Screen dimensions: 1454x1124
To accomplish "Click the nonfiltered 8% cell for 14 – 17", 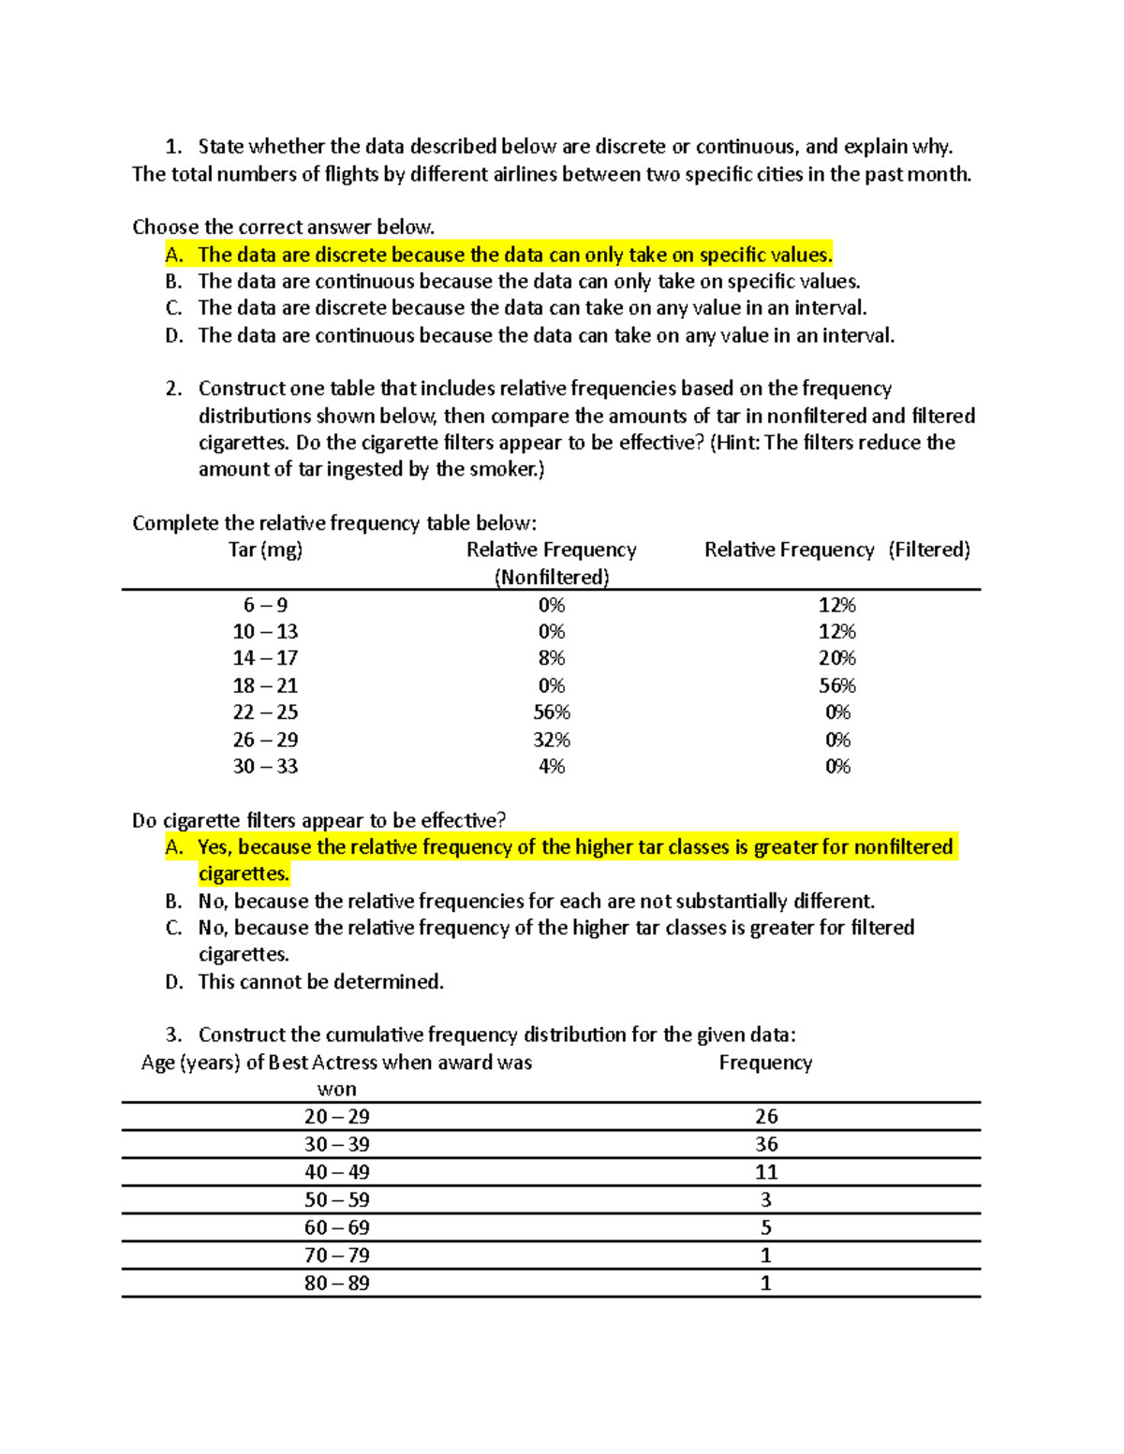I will tap(551, 658).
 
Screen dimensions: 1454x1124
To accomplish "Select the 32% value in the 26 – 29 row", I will tap(551, 740).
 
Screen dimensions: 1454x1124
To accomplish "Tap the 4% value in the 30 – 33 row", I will tap(551, 767).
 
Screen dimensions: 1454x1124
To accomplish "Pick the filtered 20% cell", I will tap(837, 658).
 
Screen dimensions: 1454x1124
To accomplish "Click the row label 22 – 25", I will tap(265, 712).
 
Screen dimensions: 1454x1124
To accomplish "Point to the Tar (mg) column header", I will tap(265, 550).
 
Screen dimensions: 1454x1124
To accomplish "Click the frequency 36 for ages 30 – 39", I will tap(766, 1144).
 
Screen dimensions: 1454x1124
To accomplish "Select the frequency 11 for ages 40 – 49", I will tap(766, 1172).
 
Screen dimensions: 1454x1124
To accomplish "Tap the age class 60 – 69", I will tap(336, 1227).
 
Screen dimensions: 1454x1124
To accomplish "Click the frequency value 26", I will tap(766, 1117).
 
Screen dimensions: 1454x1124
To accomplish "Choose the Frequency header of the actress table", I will tap(765, 1063).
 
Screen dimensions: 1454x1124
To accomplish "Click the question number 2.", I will tap(172, 389).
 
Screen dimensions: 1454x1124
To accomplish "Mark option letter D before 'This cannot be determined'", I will tap(173, 982).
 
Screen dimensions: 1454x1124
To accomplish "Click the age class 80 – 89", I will tap(336, 1284).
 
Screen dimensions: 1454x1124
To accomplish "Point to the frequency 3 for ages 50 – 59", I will tap(766, 1200).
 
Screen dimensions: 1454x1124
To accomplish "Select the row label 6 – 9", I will tap(265, 605).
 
